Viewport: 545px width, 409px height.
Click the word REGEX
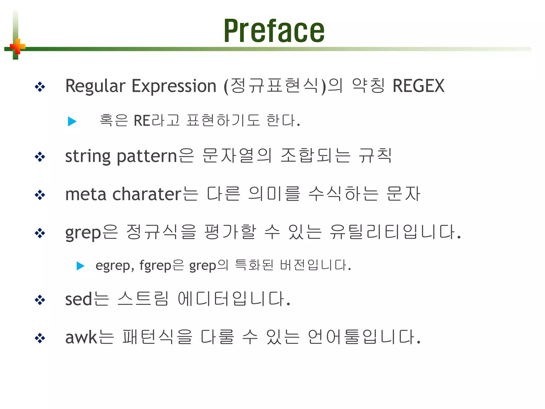tap(418, 86)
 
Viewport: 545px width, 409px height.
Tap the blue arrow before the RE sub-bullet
tap(72, 121)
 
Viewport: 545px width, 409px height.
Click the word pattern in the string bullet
tap(147, 157)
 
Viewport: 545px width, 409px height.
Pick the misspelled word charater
tap(147, 194)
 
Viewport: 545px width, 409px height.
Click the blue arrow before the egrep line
tap(80, 266)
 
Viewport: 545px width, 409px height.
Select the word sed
tap(79, 299)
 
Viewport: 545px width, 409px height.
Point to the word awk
tap(81, 337)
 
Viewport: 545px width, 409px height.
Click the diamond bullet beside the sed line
tap(40, 300)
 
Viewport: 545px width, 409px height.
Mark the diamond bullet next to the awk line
tap(40, 338)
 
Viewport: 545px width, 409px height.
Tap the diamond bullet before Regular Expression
tap(40, 87)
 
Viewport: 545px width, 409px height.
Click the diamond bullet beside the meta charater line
tap(40, 195)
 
